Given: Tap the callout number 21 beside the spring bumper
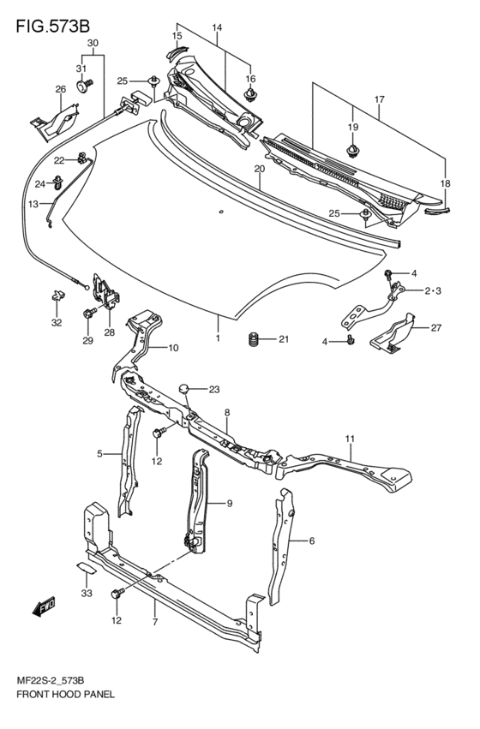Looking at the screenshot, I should point(284,340).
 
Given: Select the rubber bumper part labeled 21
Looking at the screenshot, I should point(254,340).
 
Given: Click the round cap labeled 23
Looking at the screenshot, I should point(183,391).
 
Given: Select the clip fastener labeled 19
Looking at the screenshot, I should point(352,152).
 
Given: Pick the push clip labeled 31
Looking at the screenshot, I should point(83,87).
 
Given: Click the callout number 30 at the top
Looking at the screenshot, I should point(93,43).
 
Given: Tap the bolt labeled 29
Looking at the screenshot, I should point(88,316).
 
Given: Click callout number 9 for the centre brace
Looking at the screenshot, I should point(229,504).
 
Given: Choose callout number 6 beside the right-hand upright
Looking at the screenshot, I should point(311,541).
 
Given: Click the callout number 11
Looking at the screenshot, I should point(351,439).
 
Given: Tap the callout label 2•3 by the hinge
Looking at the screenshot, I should point(432,291).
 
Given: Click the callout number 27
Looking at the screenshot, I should point(435,327).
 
